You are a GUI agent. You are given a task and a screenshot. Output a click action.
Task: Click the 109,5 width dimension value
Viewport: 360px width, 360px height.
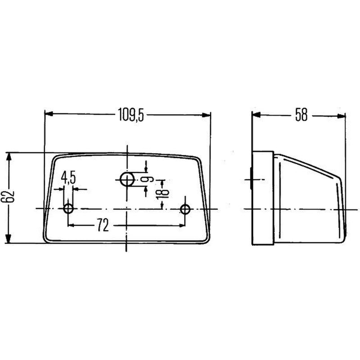click(x=131, y=115)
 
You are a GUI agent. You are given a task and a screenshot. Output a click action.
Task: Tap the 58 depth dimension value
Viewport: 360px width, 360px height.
click(x=301, y=115)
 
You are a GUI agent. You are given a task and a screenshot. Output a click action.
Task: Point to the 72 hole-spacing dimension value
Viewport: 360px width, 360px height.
click(x=103, y=225)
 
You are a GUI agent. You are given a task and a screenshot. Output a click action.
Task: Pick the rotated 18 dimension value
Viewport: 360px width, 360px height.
click(x=162, y=191)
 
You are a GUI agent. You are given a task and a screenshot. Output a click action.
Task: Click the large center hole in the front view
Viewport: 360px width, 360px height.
click(x=127, y=179)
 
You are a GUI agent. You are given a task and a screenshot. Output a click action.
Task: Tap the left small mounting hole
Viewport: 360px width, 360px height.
click(x=68, y=209)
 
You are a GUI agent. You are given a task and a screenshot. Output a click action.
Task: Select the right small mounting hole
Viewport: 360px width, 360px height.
click(x=185, y=209)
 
